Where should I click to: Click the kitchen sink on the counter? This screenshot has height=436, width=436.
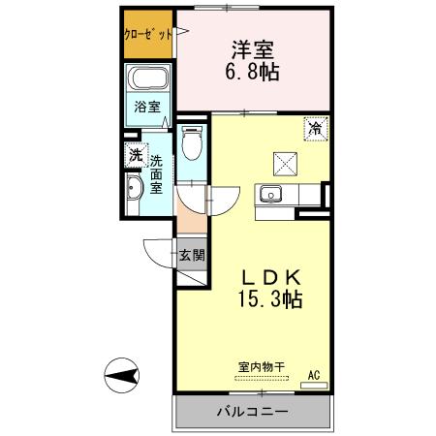(270, 193)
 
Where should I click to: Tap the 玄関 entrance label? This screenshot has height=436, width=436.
(191, 256)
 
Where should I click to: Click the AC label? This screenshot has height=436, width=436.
(314, 373)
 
